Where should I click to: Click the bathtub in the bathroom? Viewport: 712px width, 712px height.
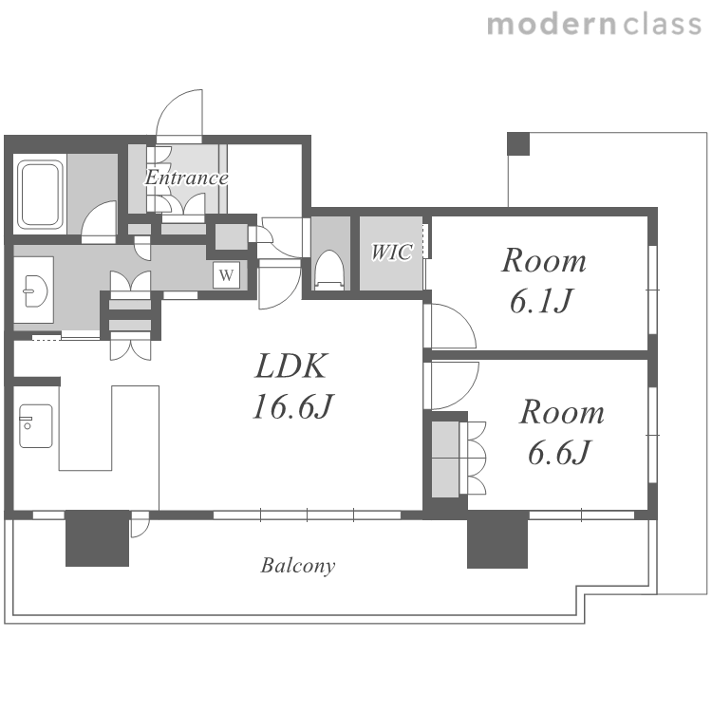[40, 195]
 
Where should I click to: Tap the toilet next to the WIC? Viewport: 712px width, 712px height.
[329, 270]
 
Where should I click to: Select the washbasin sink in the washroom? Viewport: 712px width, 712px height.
[36, 291]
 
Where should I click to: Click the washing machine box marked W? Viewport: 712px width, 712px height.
[226, 274]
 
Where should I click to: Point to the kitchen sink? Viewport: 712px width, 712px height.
[35, 426]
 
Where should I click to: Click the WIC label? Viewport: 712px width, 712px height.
[392, 252]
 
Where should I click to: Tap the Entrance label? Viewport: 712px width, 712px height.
[186, 178]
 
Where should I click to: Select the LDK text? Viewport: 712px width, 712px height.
[290, 366]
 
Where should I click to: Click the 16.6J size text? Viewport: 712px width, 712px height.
[293, 406]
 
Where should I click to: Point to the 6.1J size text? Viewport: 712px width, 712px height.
[540, 301]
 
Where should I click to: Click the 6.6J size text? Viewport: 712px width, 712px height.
[558, 452]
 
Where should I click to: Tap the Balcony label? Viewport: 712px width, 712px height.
[298, 566]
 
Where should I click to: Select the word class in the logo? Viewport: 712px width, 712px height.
[663, 24]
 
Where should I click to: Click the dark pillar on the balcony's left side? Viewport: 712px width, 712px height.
[97, 538]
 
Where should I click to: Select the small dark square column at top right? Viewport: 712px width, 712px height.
[518, 143]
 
